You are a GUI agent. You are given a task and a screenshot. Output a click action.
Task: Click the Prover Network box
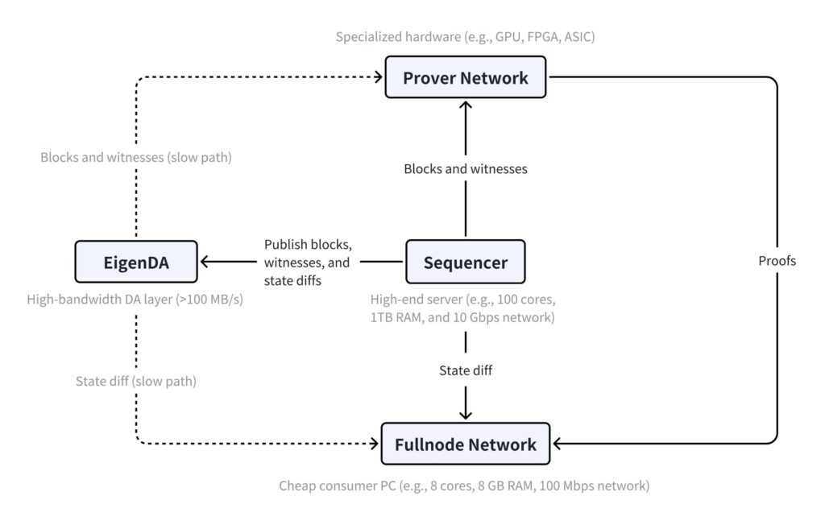(466, 78)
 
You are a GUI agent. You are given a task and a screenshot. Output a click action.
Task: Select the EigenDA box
(136, 262)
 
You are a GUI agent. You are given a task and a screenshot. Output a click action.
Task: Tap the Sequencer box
(466, 262)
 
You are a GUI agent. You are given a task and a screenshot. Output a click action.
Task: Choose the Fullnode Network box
(466, 444)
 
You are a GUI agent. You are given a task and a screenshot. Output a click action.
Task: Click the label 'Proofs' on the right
(777, 261)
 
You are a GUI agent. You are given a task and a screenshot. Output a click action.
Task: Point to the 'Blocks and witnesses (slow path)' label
(136, 157)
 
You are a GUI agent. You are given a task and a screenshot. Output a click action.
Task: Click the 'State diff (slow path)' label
(136, 381)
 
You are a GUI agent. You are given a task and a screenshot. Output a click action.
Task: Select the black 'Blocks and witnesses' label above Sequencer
(466, 169)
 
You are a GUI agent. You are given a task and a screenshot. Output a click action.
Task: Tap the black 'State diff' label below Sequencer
(466, 370)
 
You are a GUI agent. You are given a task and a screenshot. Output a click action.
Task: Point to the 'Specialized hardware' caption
(466, 37)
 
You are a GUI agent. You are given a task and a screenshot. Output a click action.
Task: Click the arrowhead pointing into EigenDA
(206, 262)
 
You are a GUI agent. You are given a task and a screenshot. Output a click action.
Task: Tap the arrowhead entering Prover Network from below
(466, 106)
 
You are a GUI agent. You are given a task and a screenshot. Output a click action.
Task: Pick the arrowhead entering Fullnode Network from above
(466, 414)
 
